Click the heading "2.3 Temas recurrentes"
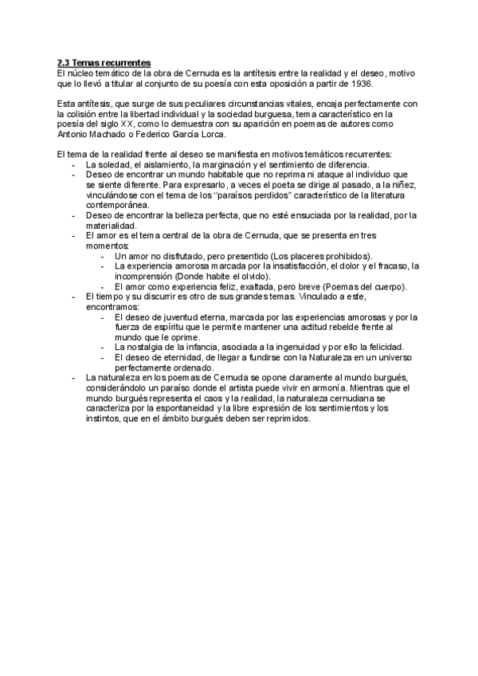pyautogui.click(x=104, y=62)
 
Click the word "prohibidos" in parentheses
pyautogui.click(x=345, y=256)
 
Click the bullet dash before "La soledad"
pyautogui.click(x=73, y=163)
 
